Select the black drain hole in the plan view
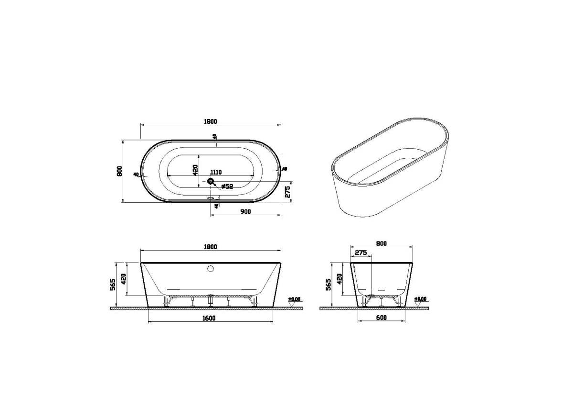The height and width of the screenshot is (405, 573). [211, 181]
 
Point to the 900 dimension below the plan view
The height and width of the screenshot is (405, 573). [246, 211]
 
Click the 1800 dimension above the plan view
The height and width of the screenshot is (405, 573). [211, 121]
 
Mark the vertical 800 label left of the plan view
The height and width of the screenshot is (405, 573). [120, 171]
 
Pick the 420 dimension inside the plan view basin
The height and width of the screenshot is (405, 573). [195, 169]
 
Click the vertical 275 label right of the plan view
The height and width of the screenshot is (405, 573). [287, 192]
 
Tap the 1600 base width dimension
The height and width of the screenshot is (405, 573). [211, 318]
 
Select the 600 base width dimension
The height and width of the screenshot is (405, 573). [381, 318]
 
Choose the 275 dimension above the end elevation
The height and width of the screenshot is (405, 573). [361, 253]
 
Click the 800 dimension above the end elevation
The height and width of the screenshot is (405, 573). [381, 243]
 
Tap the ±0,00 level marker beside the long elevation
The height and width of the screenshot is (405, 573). [295, 300]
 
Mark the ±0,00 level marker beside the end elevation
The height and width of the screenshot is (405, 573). [421, 300]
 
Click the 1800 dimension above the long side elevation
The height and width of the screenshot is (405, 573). [211, 247]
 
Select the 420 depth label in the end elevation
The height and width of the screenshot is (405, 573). [340, 279]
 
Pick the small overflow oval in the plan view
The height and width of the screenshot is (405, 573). [211, 197]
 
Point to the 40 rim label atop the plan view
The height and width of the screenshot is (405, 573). [215, 136]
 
